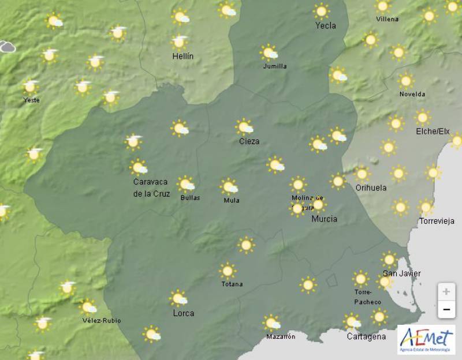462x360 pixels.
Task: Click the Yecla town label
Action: click(326, 25)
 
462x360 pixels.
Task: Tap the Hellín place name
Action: click(183, 56)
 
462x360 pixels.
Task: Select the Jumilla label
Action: click(275, 66)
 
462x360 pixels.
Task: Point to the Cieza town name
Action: click(249, 141)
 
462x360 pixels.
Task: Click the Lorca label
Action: click(184, 313)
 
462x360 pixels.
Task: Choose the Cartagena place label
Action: click(366, 336)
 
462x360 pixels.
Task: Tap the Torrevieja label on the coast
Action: click(437, 221)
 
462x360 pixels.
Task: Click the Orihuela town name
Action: click(371, 187)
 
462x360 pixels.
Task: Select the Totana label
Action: click(232, 284)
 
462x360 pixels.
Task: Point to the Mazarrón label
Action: click(281, 336)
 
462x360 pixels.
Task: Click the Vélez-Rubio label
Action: click(102, 320)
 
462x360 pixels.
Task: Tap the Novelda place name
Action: click(412, 94)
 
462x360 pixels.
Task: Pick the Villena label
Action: click(387, 19)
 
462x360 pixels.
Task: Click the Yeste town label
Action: click(31, 100)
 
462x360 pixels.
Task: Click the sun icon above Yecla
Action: click(321, 10)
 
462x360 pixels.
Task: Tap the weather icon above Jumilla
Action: click(269, 52)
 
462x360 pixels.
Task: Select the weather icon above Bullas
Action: click(186, 184)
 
